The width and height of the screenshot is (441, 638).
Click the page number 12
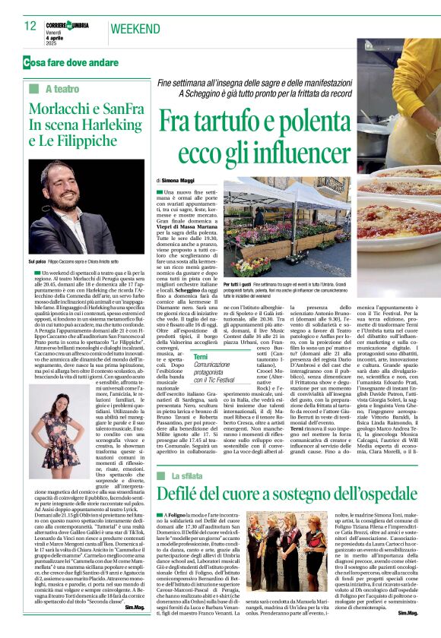[x=30, y=26]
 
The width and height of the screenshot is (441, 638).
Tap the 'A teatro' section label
[x=62, y=90]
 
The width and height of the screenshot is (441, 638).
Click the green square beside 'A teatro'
[x=33, y=90]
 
